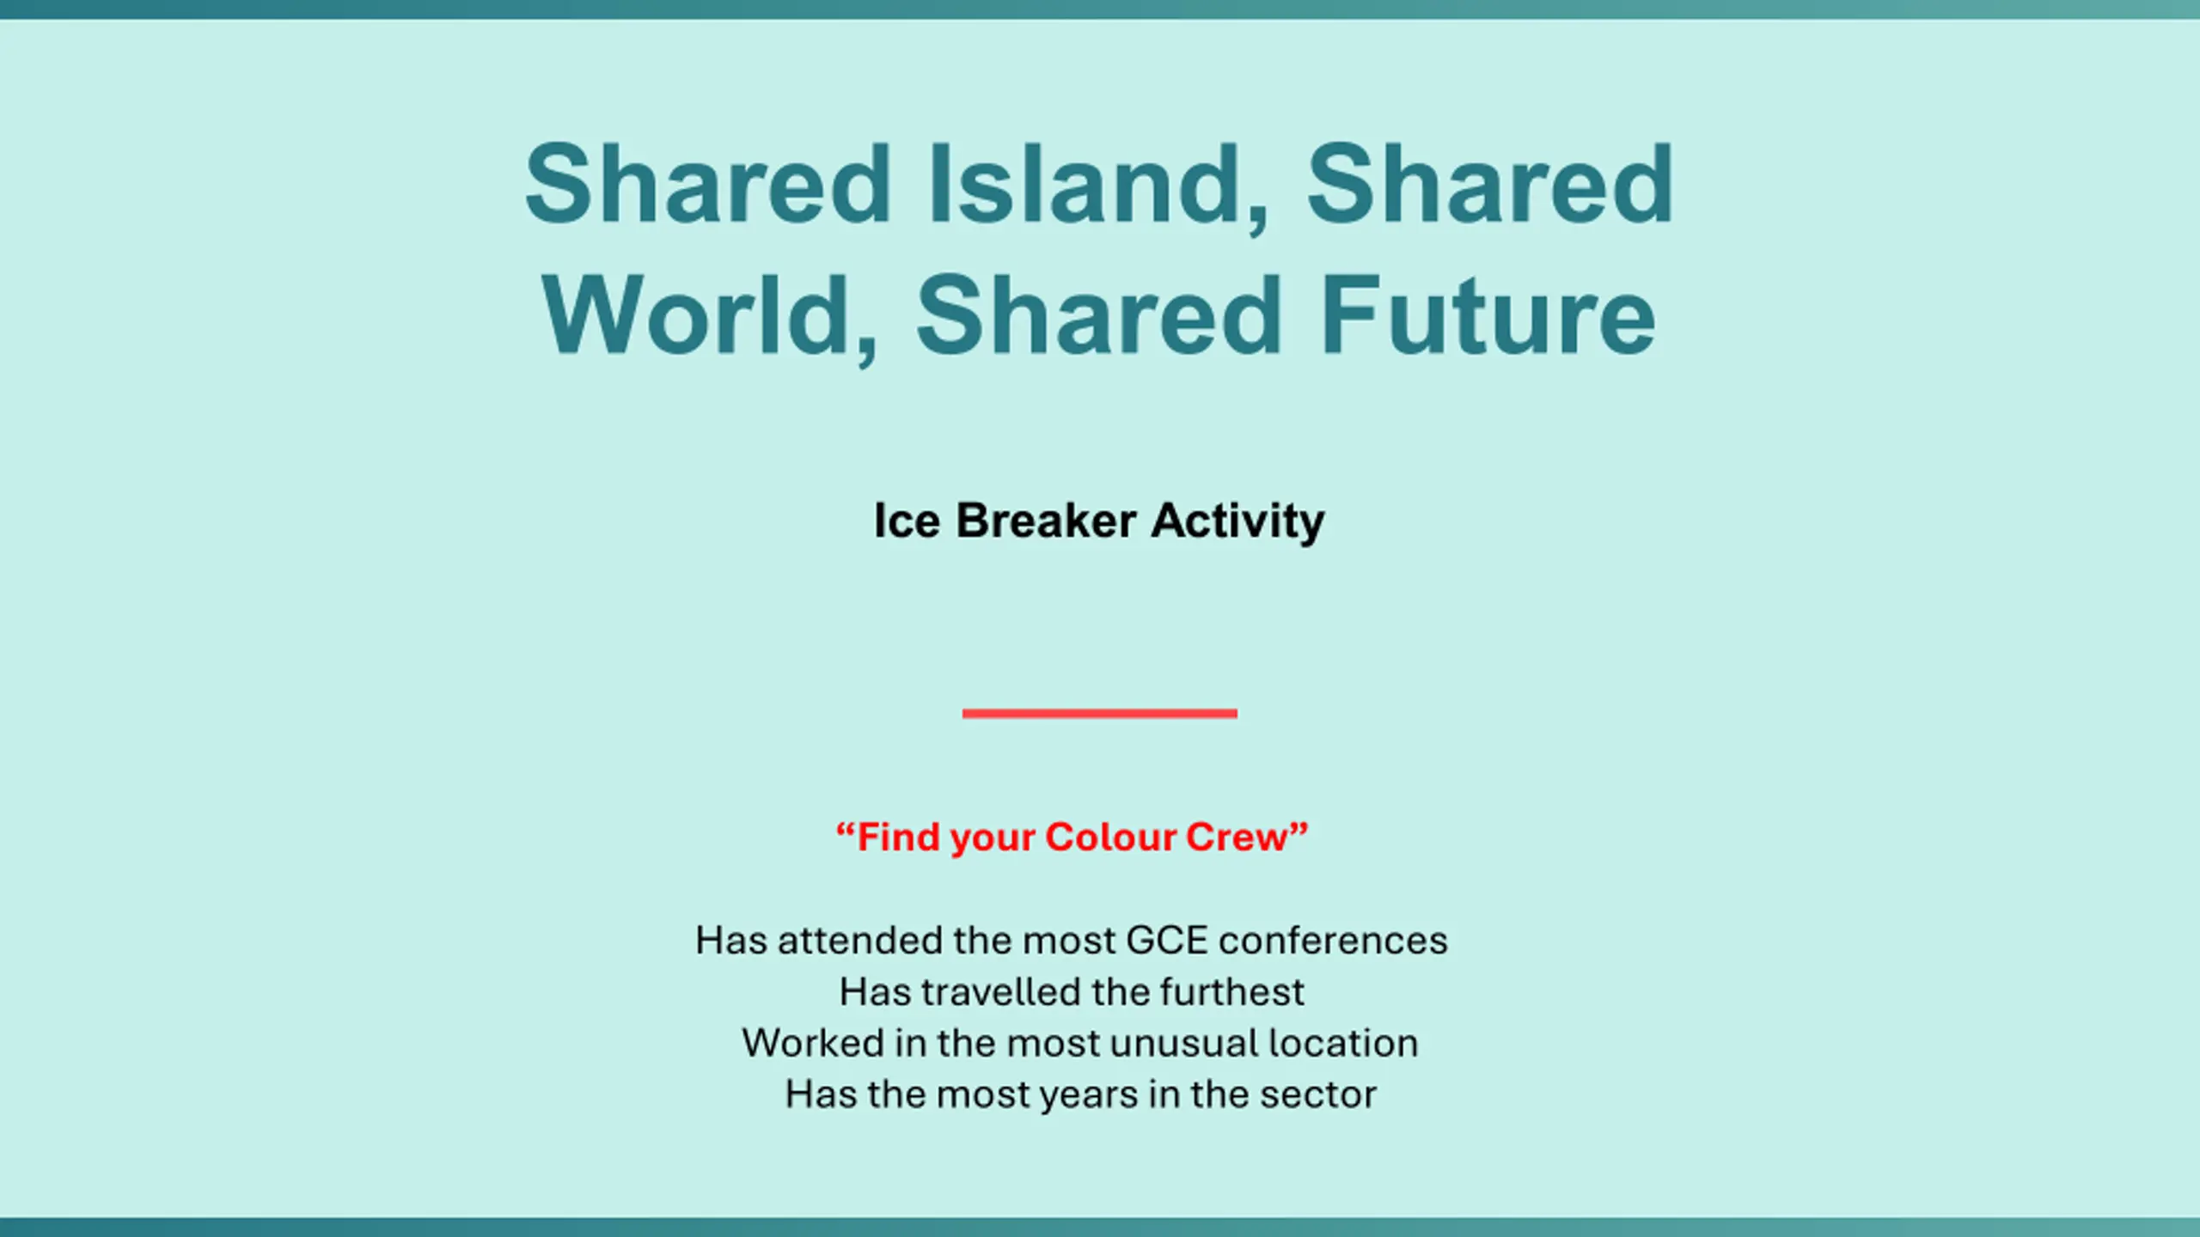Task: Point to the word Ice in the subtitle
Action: pyautogui.click(x=907, y=521)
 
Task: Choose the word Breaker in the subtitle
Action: pyautogui.click(x=1046, y=521)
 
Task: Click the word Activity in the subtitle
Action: pyautogui.click(x=1238, y=522)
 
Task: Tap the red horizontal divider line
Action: pyautogui.click(x=1100, y=713)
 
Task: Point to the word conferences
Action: pyautogui.click(x=1333, y=941)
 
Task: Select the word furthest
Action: pyautogui.click(x=1232, y=992)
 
